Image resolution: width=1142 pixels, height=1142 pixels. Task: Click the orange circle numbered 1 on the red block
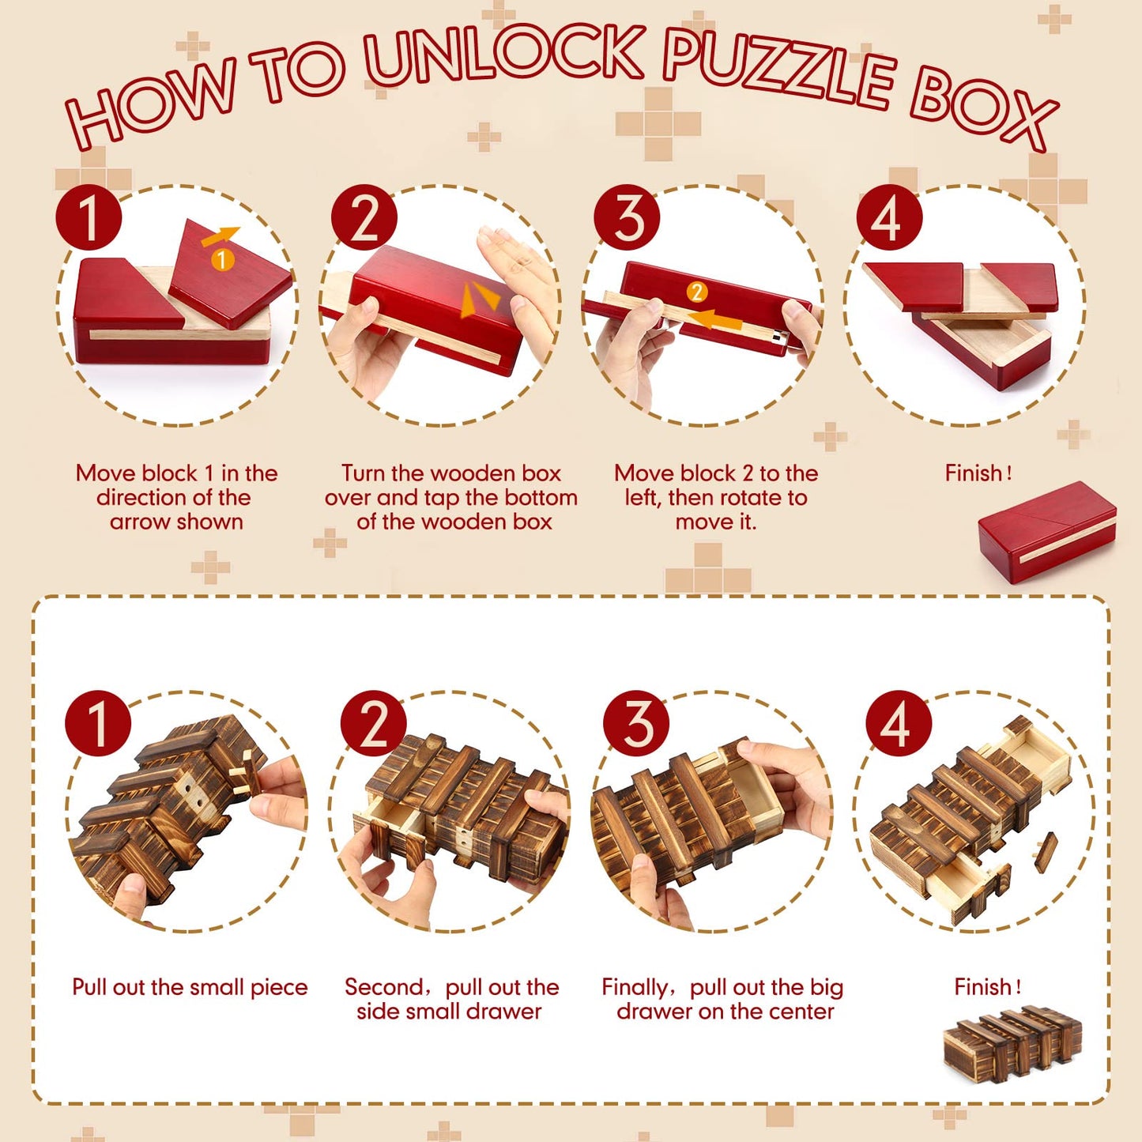coord(222,259)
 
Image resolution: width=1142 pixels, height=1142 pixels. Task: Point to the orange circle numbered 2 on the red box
coord(697,292)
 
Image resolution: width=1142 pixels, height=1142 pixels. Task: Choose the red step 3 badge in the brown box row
coord(636,724)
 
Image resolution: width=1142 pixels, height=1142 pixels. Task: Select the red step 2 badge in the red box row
coord(364,217)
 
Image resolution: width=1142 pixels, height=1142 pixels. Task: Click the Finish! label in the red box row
coord(978,473)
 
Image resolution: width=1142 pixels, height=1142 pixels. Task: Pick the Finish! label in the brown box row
coord(987,987)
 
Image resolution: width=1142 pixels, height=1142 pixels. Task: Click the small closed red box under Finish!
coord(1047,532)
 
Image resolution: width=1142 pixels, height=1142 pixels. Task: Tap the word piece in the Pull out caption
coord(279,989)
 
